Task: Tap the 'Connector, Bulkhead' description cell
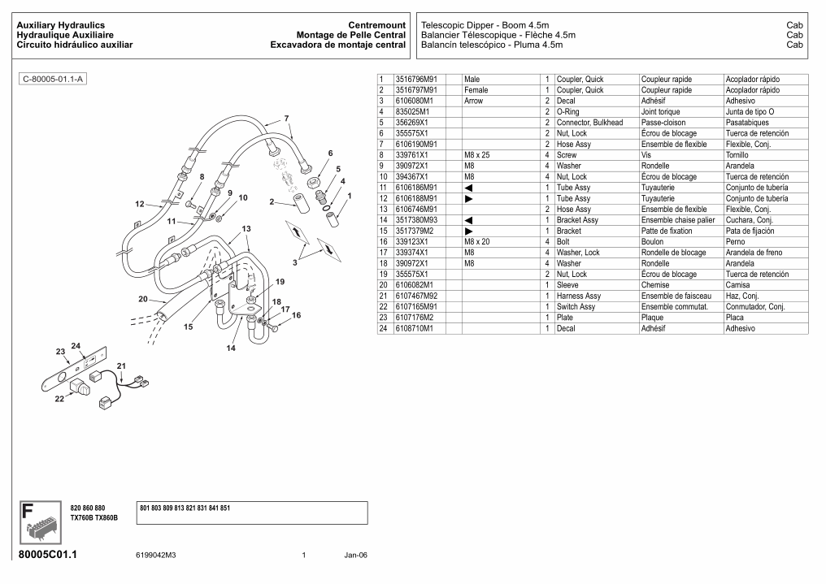pyautogui.click(x=589, y=123)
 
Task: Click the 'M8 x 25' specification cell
pyautogui.click(x=476, y=155)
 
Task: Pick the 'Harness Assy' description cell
pyautogui.click(x=579, y=296)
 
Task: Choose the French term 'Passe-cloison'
pyautogui.click(x=663, y=123)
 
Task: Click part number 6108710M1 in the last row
pyautogui.click(x=415, y=329)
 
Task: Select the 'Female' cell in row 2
pyautogui.click(x=476, y=90)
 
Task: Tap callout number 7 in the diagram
pyautogui.click(x=286, y=119)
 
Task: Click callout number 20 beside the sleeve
pyautogui.click(x=143, y=299)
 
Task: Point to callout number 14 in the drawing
pyautogui.click(x=231, y=348)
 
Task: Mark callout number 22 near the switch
pyautogui.click(x=59, y=399)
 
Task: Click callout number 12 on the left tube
pyautogui.click(x=140, y=204)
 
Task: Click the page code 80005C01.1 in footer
pyautogui.click(x=51, y=556)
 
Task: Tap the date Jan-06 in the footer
pyautogui.click(x=355, y=556)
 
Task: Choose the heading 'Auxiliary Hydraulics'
pyautogui.click(x=61, y=26)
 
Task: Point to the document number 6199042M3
pyautogui.click(x=156, y=556)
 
